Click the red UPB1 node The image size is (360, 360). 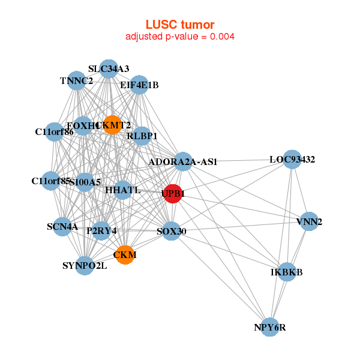pyautogui.click(x=173, y=194)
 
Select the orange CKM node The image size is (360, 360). pyautogui.click(x=125, y=255)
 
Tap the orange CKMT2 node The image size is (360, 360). pyautogui.click(x=112, y=125)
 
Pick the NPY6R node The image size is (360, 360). pyautogui.click(x=270, y=327)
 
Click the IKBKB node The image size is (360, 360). pyautogui.click(x=287, y=272)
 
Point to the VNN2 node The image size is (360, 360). pyautogui.click(x=309, y=221)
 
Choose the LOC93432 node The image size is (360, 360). pyautogui.click(x=292, y=160)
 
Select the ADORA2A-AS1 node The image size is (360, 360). pyautogui.click(x=182, y=161)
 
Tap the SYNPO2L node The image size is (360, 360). pyautogui.click(x=85, y=265)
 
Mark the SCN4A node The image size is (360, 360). pyautogui.click(x=62, y=227)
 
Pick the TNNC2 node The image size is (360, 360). pyautogui.click(x=76, y=80)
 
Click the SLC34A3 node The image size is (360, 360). pyautogui.click(x=108, y=68)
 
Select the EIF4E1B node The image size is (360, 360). pyautogui.click(x=139, y=85)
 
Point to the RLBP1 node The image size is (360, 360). pyautogui.click(x=142, y=136)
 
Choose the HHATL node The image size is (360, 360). pyautogui.click(x=122, y=190)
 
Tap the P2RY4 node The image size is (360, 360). pyautogui.click(x=101, y=230)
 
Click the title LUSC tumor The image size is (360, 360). pyautogui.click(x=179, y=24)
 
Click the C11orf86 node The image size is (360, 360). pyautogui.click(x=55, y=131)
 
